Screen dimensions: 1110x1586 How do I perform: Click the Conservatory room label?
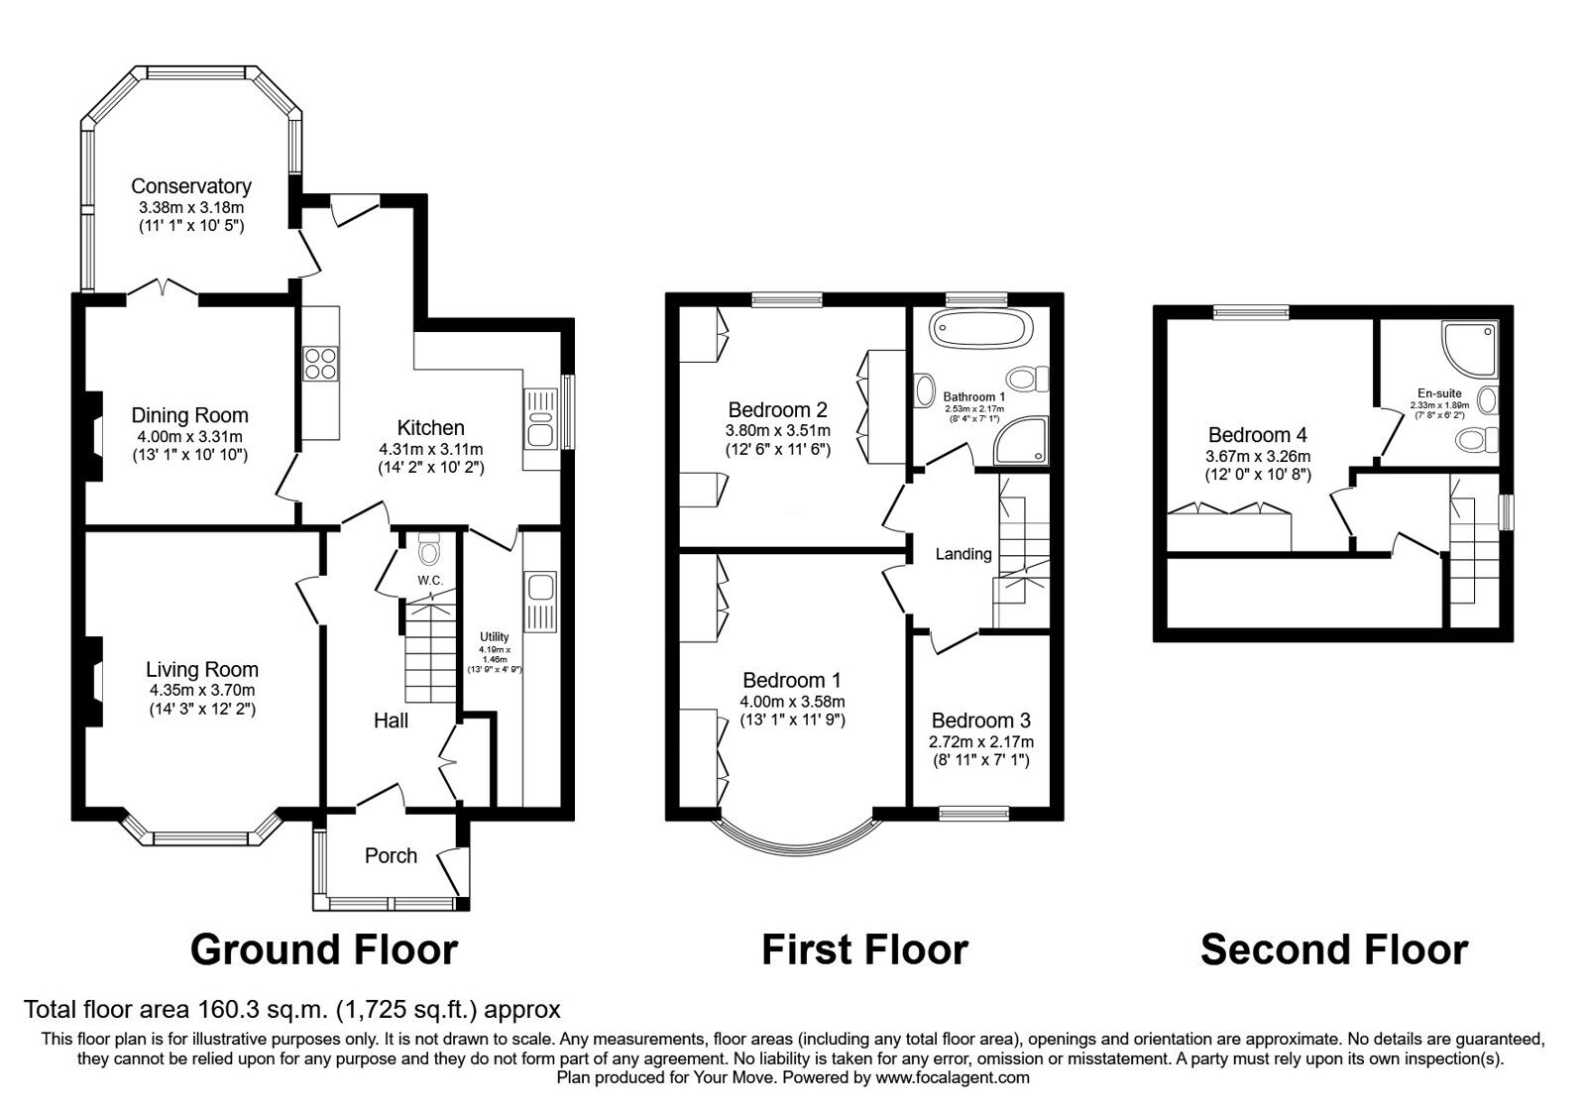click(190, 186)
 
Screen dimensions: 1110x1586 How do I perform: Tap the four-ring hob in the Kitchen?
click(320, 364)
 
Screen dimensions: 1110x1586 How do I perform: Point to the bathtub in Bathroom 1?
click(982, 329)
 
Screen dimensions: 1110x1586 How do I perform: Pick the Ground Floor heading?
click(323, 949)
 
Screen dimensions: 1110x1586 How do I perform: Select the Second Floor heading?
click(1333, 949)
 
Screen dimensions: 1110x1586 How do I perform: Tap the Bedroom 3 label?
click(980, 721)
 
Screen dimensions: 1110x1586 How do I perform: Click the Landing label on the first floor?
click(963, 554)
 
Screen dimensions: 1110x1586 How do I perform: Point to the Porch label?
click(391, 855)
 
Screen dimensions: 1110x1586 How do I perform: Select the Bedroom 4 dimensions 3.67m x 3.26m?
click(1257, 456)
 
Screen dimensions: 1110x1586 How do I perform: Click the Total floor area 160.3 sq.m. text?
click(292, 1010)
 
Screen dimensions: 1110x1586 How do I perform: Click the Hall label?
click(391, 721)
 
